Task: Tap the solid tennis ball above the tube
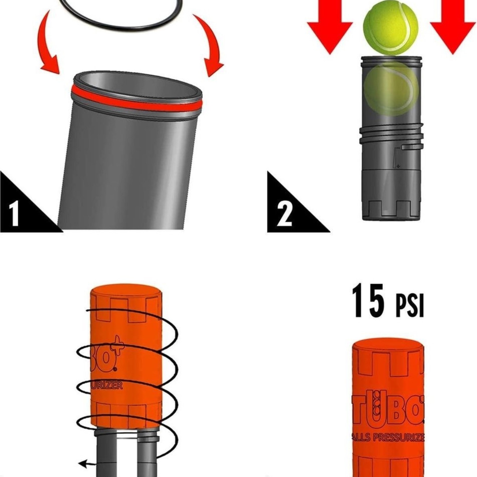click(x=390, y=27)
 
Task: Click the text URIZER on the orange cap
click(x=107, y=386)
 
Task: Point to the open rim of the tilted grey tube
click(x=138, y=82)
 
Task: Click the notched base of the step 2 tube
click(x=390, y=208)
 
